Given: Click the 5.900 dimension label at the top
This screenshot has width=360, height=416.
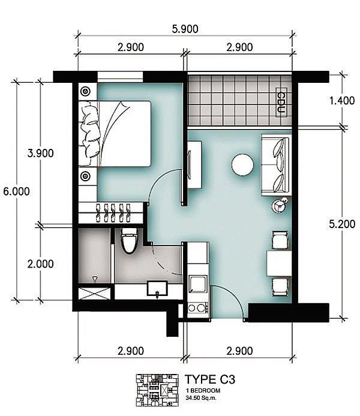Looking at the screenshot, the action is (185, 29).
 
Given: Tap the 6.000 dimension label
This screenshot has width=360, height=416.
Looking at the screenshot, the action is (16, 191).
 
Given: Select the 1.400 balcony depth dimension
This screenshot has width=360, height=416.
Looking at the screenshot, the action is (342, 101).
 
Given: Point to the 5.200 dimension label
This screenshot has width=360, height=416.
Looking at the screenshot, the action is (342, 224).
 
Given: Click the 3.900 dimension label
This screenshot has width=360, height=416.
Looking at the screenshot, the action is (41, 153).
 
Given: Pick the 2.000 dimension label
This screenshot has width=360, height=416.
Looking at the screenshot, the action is (41, 264).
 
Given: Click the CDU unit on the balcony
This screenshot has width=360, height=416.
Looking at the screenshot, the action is (281, 102).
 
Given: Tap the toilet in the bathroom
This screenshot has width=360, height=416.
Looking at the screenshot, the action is (129, 241).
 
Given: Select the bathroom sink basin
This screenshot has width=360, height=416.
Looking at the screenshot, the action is (157, 289).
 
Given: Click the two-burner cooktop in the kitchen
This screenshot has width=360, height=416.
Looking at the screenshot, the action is (198, 308).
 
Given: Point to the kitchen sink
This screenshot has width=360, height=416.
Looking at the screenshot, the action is (198, 284).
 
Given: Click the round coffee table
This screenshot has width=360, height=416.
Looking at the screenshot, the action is (242, 164).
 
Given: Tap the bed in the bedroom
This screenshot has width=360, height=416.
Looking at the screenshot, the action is (115, 134).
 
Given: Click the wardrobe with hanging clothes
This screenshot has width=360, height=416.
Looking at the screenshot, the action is (111, 213).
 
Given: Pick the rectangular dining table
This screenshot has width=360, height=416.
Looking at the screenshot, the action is (279, 264).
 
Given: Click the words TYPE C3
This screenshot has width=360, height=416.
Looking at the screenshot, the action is (210, 379).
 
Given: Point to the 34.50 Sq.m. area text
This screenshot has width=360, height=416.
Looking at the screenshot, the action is (201, 398).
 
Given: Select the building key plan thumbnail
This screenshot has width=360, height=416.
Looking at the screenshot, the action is (157, 390).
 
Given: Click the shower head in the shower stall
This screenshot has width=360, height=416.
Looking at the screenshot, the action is (95, 279).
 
